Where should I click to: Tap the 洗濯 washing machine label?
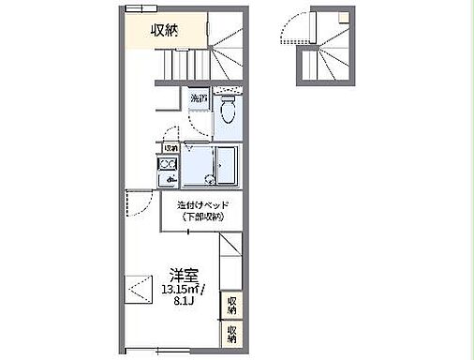pyautogui.click(x=199, y=97)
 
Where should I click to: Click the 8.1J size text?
pyautogui.click(x=184, y=302)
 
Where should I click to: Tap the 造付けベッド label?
pyautogui.click(x=202, y=205)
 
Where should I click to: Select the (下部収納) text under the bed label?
pyautogui.click(x=202, y=217)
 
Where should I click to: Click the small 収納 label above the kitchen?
pyautogui.click(x=170, y=148)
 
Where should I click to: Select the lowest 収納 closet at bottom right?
pyautogui.click(x=230, y=333)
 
